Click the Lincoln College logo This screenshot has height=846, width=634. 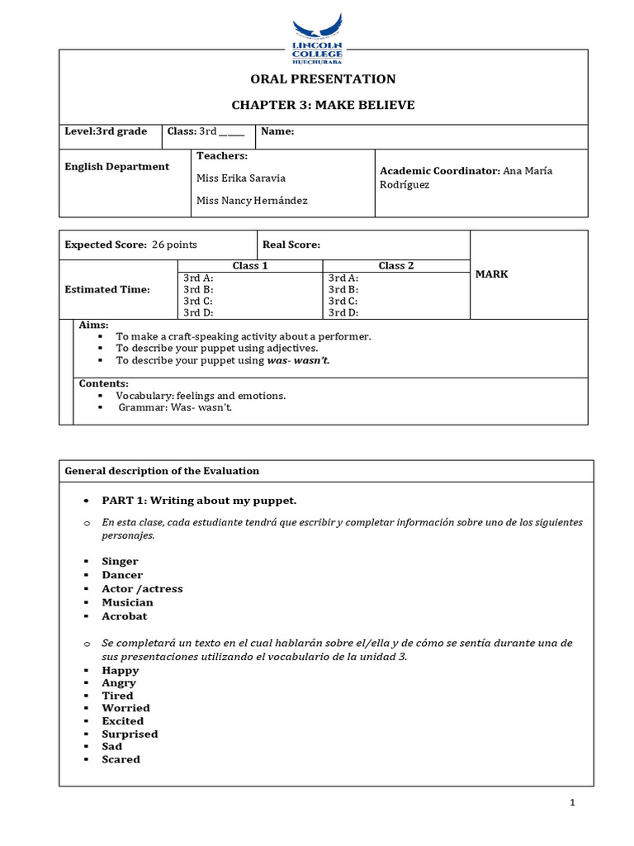coord(317,38)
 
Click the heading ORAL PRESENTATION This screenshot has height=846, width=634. coord(323,79)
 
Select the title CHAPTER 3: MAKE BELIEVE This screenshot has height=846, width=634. coord(323,105)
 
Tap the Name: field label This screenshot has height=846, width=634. coord(277,131)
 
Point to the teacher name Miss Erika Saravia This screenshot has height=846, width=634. coord(241,178)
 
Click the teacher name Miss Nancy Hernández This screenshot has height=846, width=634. coord(252,201)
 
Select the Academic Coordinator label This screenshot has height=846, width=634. coord(439,171)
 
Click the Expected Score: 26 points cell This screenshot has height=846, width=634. coord(131,245)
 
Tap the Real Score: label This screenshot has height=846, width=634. coord(291,245)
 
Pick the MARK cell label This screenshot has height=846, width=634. coord(492,274)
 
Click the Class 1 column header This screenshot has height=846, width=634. coord(250,266)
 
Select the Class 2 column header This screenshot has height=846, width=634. coord(395,266)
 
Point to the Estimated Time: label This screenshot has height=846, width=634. coord(107,289)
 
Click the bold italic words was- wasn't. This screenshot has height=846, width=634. coord(298,361)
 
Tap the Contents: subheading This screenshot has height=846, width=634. coord(103,384)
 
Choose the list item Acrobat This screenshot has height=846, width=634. coord(125,616)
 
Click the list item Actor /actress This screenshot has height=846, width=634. coord(142,589)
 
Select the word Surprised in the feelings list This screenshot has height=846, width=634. coord(130,734)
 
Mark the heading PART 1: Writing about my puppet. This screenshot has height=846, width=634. coord(199,501)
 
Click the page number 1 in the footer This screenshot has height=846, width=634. coord(572,803)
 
